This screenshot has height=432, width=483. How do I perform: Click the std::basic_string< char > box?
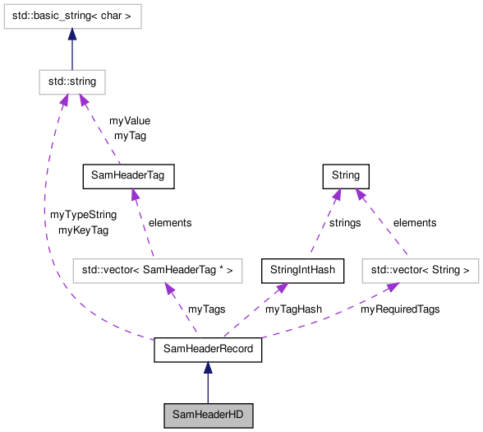pyautogui.click(x=71, y=16)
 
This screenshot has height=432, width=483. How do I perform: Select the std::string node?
pyautogui.click(x=71, y=81)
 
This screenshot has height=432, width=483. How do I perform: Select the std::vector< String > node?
pyautogui.click(x=420, y=269)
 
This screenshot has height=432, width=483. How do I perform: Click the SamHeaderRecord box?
pyautogui.click(x=208, y=350)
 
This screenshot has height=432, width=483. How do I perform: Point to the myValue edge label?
pyautogui.click(x=130, y=121)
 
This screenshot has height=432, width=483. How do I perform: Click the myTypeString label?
pyautogui.click(x=83, y=215)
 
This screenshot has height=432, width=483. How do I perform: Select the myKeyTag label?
pyautogui.click(x=83, y=230)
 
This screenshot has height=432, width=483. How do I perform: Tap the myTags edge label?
pyautogui.click(x=206, y=309)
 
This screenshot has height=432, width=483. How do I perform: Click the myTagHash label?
pyautogui.click(x=293, y=309)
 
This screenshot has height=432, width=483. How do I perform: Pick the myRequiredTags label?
pyautogui.click(x=400, y=309)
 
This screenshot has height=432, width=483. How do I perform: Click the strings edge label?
pyautogui.click(x=345, y=222)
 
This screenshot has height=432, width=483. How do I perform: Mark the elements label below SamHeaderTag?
pyautogui.click(x=169, y=222)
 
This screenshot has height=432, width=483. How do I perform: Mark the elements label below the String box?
pyautogui.click(x=415, y=222)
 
